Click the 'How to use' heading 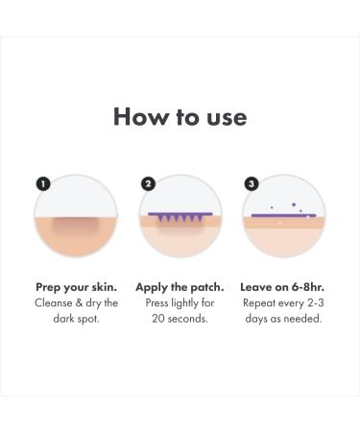pyautogui.click(x=180, y=116)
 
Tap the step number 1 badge pyautogui.click(x=42, y=182)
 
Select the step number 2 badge pyautogui.click(x=148, y=182)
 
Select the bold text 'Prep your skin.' pyautogui.click(x=77, y=287)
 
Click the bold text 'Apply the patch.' pyautogui.click(x=181, y=287)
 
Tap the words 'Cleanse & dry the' pyautogui.click(x=77, y=302)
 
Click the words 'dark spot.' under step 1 pyautogui.click(x=77, y=318)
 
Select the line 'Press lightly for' pyautogui.click(x=181, y=302)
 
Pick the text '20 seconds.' pyautogui.click(x=181, y=318)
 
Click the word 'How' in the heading pyautogui.click(x=135, y=116)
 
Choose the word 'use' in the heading pyautogui.click(x=226, y=118)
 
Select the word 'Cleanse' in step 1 pyautogui.click(x=57, y=302)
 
